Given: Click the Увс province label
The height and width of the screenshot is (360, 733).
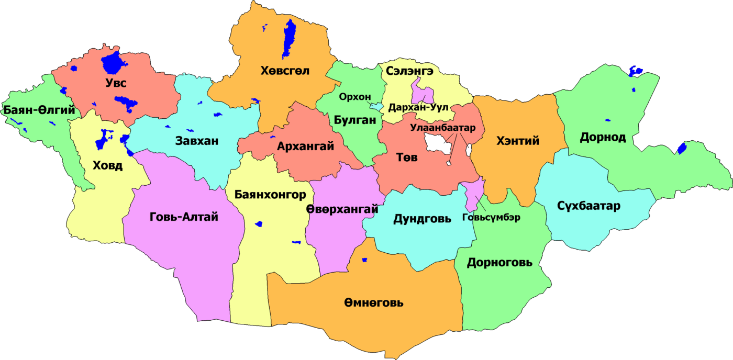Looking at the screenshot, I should tap(116, 83).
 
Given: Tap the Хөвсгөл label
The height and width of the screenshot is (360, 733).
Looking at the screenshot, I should tap(285, 71).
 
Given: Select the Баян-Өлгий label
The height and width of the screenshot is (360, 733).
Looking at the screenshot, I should tap(39, 110).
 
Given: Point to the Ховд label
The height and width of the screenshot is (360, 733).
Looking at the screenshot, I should tap(107, 166).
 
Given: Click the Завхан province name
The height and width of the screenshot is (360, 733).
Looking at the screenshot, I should tap(197, 141).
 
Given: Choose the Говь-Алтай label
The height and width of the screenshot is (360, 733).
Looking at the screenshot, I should tap(184, 217).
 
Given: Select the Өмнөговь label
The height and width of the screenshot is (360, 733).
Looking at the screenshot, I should tap(374, 302).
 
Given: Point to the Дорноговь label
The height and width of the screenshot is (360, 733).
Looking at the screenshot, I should tap(499, 262).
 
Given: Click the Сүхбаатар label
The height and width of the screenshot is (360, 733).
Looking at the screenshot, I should tap(589, 206).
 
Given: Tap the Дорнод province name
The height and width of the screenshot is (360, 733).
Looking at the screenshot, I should tap(603, 137).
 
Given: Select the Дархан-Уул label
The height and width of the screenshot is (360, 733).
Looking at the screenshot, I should tap(418, 108).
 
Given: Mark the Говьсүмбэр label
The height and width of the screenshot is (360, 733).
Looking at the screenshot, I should tap(492, 218).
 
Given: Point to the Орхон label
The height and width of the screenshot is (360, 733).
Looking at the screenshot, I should tap(354, 97).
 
